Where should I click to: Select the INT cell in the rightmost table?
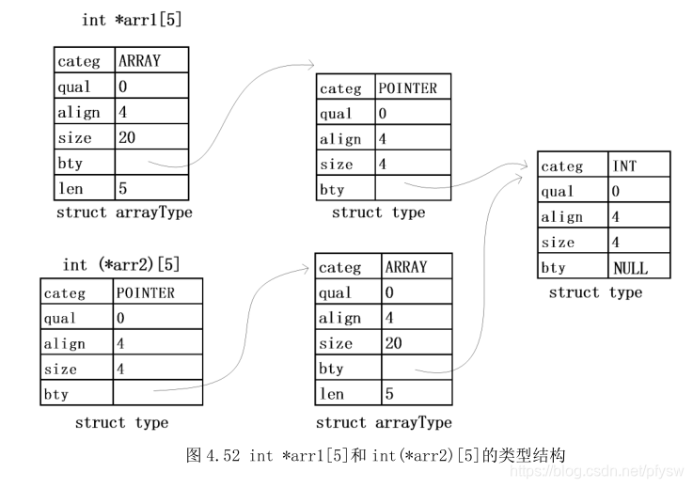[624, 166]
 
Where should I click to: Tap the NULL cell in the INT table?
[630, 268]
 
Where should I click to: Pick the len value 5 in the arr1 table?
[123, 188]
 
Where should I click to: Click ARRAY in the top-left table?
[139, 61]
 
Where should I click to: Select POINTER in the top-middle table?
[407, 88]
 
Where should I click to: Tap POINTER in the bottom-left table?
[146, 292]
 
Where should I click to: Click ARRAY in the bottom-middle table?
[405, 267]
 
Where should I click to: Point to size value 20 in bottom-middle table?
[393, 343]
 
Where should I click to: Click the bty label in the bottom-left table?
[56, 394]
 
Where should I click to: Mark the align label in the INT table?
[562, 217]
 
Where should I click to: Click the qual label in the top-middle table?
[336, 114]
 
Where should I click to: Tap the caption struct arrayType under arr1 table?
[124, 213]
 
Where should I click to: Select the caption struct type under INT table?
[595, 292]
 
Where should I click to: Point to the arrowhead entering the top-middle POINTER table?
[311, 66]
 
